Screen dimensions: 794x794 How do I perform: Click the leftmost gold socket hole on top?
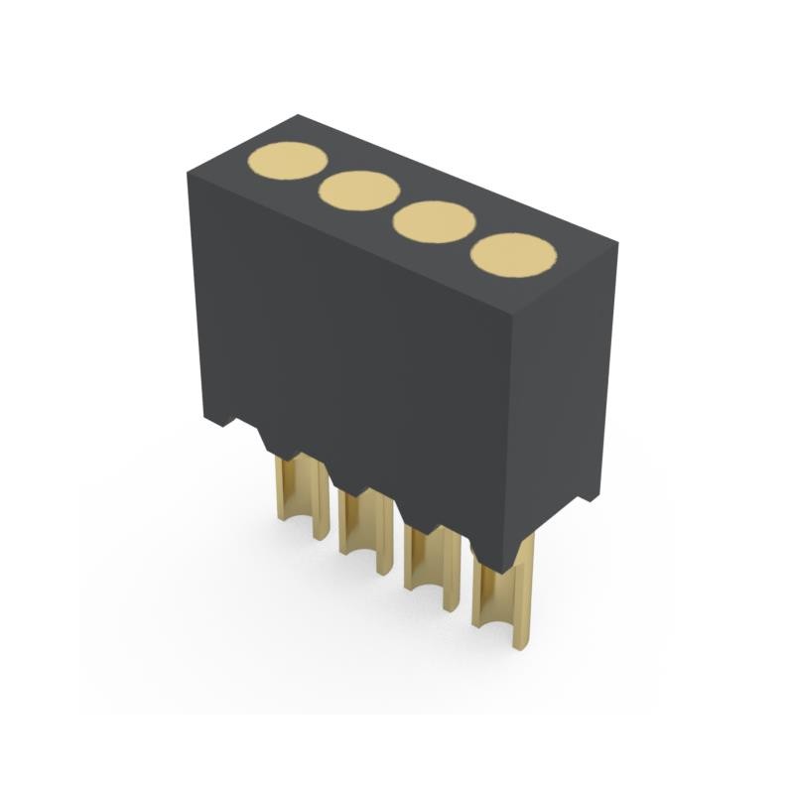coord(286,162)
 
